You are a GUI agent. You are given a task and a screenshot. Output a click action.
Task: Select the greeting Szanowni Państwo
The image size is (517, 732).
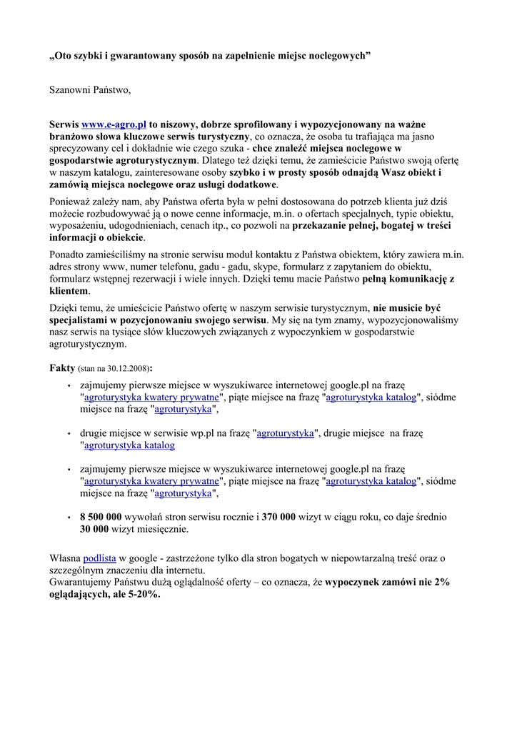coord(90,90)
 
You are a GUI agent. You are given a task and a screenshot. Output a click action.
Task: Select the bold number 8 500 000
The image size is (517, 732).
coord(101,517)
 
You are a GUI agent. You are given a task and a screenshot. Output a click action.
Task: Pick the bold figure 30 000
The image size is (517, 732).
coord(94,529)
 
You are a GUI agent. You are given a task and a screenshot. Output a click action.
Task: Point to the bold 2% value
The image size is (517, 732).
coord(441,582)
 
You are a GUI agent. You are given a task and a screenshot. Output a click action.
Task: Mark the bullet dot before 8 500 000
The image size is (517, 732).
coord(69,517)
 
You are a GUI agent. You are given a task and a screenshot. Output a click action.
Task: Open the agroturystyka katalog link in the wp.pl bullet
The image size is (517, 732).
coord(129,445)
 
